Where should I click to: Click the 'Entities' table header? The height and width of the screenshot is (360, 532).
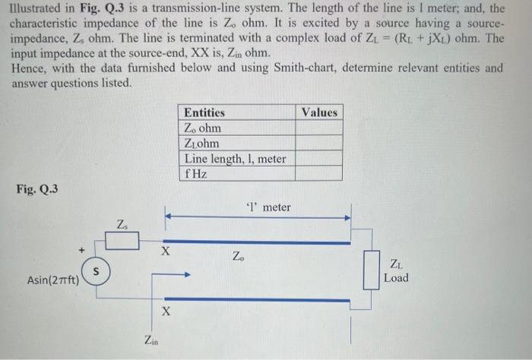(x=204, y=112)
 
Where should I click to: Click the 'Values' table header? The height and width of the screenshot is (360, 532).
(x=318, y=112)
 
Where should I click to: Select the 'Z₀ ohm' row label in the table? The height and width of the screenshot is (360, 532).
(x=203, y=128)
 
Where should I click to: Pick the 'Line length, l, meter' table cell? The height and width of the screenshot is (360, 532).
(x=235, y=159)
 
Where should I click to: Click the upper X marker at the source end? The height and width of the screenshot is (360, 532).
(x=166, y=250)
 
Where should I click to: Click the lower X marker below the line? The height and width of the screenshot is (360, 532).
(x=166, y=311)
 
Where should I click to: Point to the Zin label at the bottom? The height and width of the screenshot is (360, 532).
(x=151, y=339)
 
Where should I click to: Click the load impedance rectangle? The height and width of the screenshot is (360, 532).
(x=370, y=270)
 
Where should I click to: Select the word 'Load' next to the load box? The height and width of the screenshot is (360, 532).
(x=396, y=278)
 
